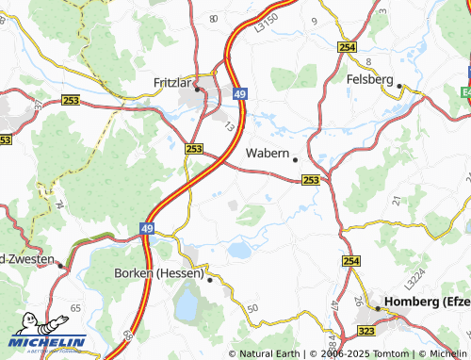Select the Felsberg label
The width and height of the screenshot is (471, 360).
tap(369, 79)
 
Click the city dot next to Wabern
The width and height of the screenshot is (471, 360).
tap(295, 158)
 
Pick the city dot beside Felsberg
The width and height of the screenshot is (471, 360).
tap(399, 87)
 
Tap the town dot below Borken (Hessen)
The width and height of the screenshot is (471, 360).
tap(209, 280)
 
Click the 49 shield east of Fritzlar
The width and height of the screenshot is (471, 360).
tap(240, 94)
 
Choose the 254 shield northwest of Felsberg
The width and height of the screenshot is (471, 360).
tap(347, 46)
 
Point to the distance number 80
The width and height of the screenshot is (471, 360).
tap(213, 19)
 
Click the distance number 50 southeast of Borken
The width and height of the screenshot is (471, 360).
tap(252, 308)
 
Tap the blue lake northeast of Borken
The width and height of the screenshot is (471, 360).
tap(239, 250)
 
